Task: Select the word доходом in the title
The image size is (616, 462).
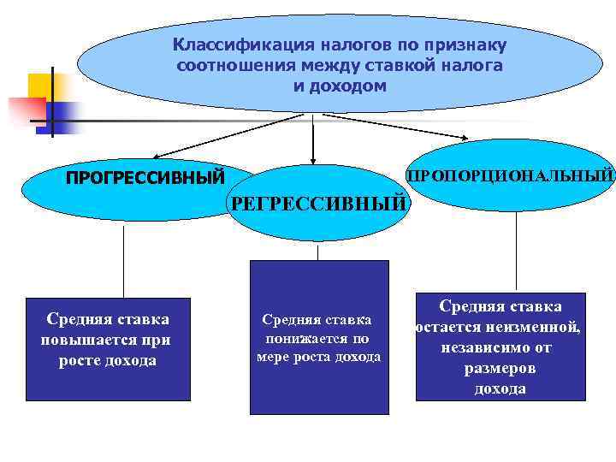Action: pos(351,86)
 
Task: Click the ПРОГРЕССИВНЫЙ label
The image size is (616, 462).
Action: pos(145,178)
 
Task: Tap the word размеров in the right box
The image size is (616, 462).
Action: pos(500,369)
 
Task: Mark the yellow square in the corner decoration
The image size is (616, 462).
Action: pos(39,86)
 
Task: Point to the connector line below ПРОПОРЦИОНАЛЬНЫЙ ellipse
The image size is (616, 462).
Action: pos(516,248)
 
